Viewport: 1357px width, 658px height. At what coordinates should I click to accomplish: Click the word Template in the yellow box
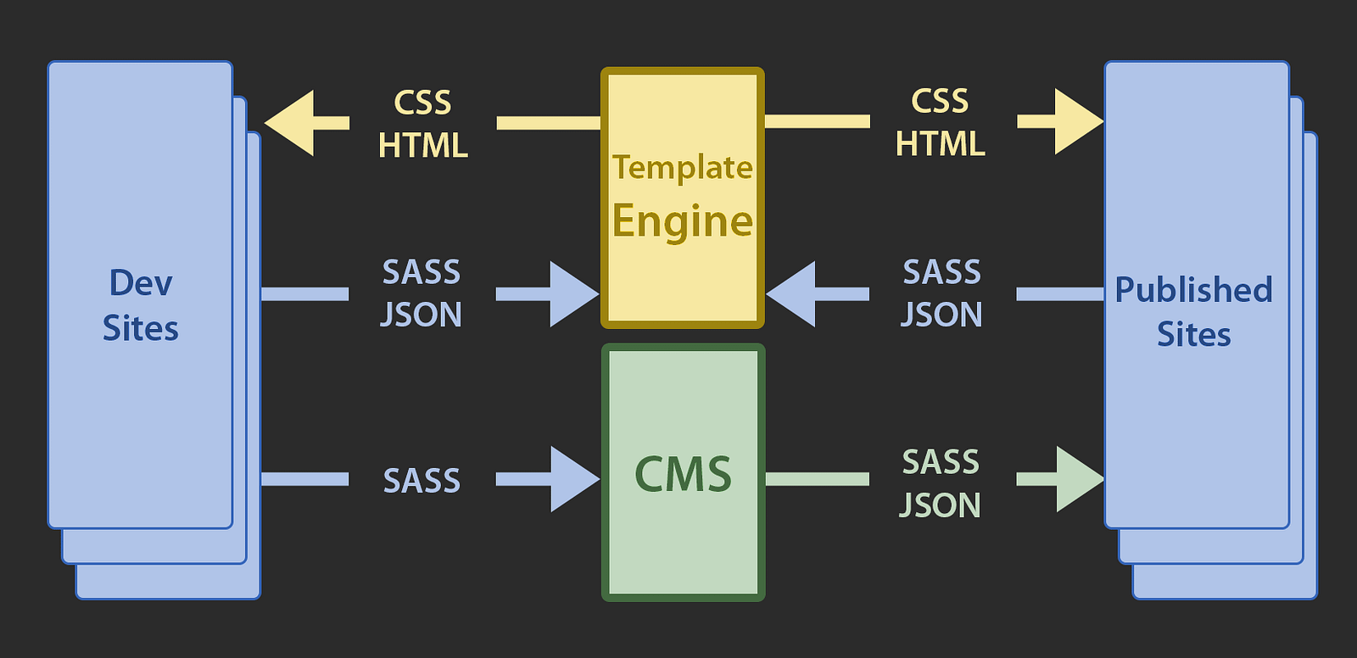(x=682, y=167)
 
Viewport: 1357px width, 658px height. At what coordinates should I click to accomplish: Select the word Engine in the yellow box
(x=683, y=222)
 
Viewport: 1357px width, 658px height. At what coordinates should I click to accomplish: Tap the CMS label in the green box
(x=684, y=474)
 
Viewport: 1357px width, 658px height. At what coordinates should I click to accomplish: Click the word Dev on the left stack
(x=141, y=283)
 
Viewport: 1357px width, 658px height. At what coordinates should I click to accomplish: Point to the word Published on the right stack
(x=1193, y=290)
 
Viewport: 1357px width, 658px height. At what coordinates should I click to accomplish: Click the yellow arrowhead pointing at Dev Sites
(x=289, y=123)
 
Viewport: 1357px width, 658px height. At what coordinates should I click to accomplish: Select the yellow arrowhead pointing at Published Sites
(x=1079, y=121)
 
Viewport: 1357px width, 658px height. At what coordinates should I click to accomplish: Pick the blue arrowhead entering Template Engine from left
(x=575, y=294)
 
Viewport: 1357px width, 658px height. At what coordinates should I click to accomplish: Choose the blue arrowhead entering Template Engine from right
(x=790, y=294)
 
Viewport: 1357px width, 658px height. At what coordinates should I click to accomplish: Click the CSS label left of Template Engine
(x=423, y=103)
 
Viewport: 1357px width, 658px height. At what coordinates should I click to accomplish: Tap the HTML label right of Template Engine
(x=941, y=144)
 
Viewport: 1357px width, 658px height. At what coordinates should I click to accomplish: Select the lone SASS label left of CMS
(x=422, y=481)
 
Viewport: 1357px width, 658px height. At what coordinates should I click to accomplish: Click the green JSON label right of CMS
(x=941, y=505)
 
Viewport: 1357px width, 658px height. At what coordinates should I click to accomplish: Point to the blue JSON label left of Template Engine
(x=421, y=315)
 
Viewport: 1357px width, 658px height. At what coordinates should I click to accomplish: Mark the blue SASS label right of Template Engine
(x=942, y=271)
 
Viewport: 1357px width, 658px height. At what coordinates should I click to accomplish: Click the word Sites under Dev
(x=141, y=328)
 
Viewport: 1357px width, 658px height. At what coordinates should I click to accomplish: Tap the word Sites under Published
(x=1194, y=334)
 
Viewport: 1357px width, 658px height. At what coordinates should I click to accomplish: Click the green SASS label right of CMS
(x=941, y=462)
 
